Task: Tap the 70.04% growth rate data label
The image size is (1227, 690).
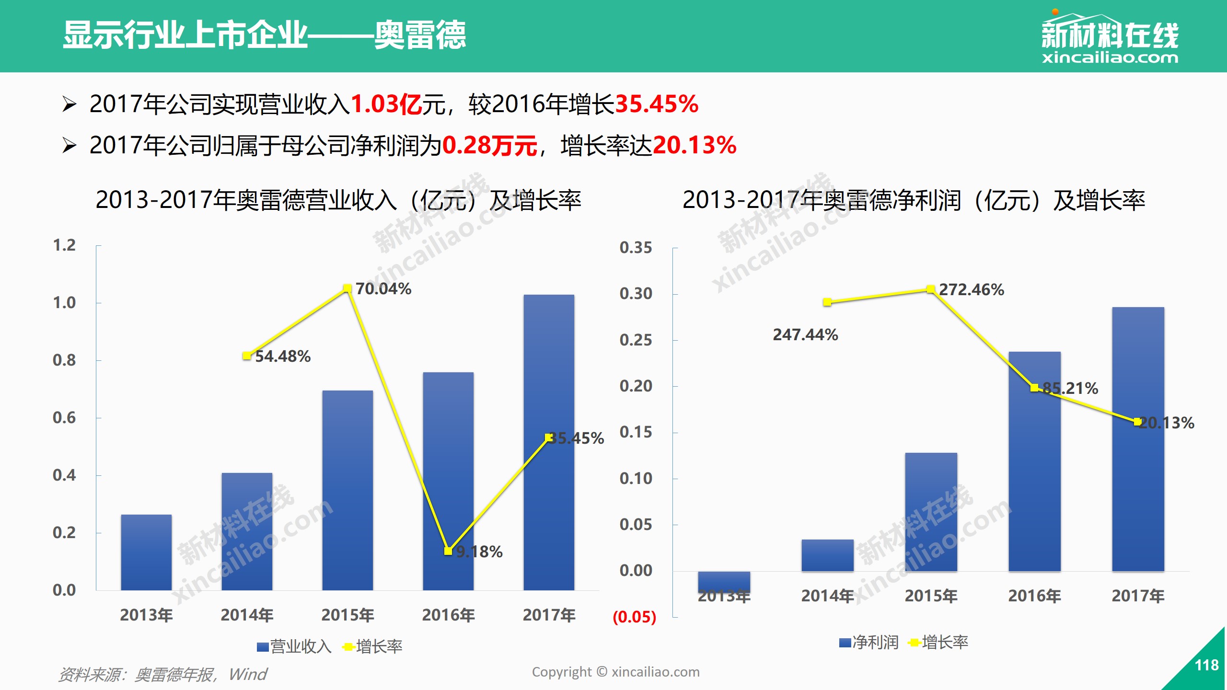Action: [x=383, y=289]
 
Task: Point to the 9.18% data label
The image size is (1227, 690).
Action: [x=479, y=552]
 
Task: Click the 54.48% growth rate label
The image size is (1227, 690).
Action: [x=283, y=356]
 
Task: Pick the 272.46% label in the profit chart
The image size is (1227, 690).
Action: [x=971, y=290]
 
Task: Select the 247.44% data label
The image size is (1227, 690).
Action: [x=805, y=334]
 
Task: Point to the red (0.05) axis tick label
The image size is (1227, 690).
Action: [x=634, y=617]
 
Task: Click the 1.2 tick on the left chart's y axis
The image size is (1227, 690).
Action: [x=64, y=245]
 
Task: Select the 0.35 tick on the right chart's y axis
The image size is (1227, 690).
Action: [x=636, y=248]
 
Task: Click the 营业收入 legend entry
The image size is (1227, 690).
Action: [x=294, y=647]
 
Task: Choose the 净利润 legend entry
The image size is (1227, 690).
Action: [x=869, y=643]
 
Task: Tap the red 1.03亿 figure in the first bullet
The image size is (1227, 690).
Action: [x=386, y=104]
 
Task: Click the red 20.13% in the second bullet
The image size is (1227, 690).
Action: [x=695, y=145]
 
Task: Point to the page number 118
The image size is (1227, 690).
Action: [x=1206, y=665]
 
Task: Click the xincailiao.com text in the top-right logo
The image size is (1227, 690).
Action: [x=1110, y=58]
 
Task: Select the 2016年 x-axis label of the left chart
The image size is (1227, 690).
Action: [x=448, y=615]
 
